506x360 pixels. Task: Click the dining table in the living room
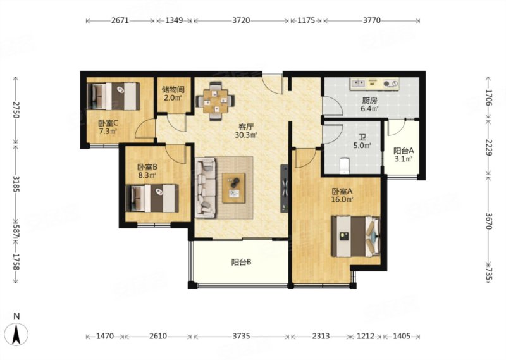coord(216,101)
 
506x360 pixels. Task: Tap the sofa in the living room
coord(205,187)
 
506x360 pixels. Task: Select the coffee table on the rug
coord(233,189)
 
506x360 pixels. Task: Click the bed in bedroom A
coord(356,237)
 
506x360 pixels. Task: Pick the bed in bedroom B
coord(152,198)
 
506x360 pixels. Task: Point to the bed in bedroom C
coord(113,96)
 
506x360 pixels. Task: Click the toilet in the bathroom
coord(345,165)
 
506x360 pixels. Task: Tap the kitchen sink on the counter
coord(357,84)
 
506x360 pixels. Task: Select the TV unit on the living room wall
coord(284,189)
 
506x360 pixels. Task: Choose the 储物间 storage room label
coord(173,90)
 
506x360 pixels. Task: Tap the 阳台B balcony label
coord(242,263)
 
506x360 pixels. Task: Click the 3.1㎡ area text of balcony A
coord(404,159)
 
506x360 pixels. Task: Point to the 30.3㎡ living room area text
coord(246,135)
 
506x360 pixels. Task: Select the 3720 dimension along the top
coord(241,20)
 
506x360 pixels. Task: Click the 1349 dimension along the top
coord(174,20)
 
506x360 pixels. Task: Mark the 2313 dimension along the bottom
coord(321,337)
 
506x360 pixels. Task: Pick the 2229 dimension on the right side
coord(488,148)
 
